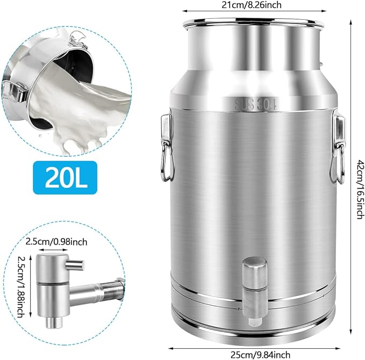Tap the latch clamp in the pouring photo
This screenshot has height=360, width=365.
click(16, 91)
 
